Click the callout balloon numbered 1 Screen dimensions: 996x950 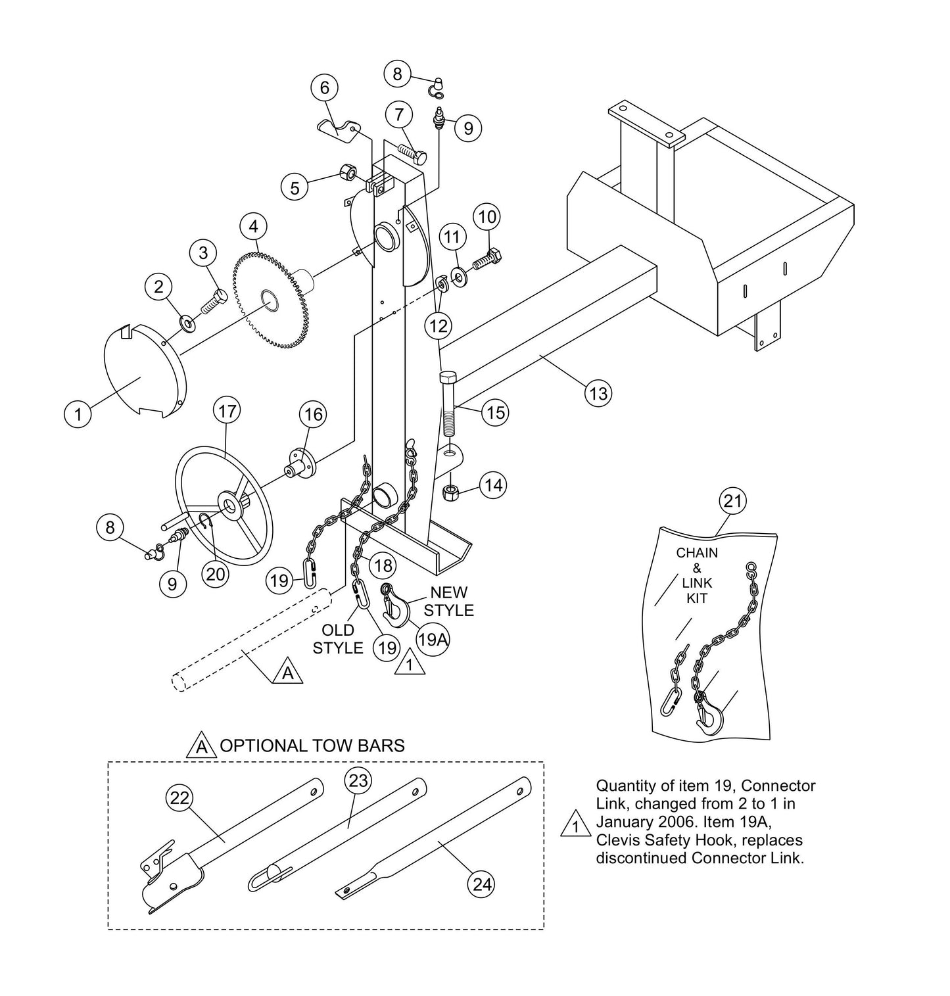(78, 414)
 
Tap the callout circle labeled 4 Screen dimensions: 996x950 (253, 226)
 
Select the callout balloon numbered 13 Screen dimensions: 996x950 (598, 393)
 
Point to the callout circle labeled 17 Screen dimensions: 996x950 (226, 412)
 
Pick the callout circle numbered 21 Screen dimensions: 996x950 (732, 502)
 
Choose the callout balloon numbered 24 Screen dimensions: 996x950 (483, 884)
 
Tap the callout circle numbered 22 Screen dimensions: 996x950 (179, 798)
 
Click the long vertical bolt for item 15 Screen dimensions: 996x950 (448, 404)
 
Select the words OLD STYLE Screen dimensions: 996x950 (337, 639)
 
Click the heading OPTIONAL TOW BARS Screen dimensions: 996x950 (312, 746)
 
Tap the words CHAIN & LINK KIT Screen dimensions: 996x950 (697, 575)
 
